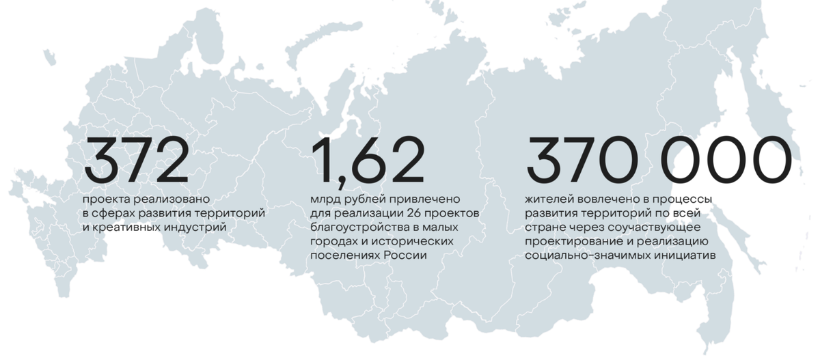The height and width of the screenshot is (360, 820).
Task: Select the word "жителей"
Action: coord(549,199)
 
